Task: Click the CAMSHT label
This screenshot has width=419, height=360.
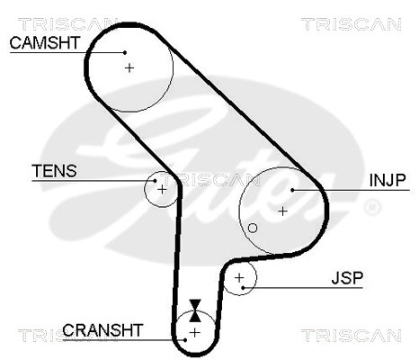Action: tap(45, 42)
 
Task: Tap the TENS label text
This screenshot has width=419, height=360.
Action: tap(54, 171)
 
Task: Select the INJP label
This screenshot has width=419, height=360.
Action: tap(388, 180)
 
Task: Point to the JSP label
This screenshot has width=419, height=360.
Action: tap(347, 278)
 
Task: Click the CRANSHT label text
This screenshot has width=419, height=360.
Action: tap(103, 330)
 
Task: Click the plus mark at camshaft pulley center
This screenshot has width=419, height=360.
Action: tap(129, 68)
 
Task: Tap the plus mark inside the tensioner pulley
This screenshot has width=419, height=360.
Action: tap(162, 190)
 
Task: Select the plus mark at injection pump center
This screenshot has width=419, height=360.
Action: tap(282, 211)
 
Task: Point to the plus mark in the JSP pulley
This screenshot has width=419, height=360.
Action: tap(239, 278)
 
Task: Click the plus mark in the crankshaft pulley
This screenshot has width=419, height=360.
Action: tap(195, 333)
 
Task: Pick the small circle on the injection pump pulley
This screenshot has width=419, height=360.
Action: tap(253, 229)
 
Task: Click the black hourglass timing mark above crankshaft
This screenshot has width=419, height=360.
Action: tap(195, 310)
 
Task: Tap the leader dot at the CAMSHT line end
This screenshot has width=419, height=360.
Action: tap(125, 52)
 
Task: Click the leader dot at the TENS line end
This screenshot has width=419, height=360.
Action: tap(155, 181)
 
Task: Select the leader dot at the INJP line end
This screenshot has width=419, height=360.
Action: tap(292, 190)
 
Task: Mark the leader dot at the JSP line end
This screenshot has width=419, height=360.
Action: tap(243, 288)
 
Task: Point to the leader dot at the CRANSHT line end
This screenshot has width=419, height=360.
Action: tap(185, 340)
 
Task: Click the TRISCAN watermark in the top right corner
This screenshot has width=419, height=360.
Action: tap(352, 24)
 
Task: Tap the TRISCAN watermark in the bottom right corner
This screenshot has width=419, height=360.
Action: tap(352, 336)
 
